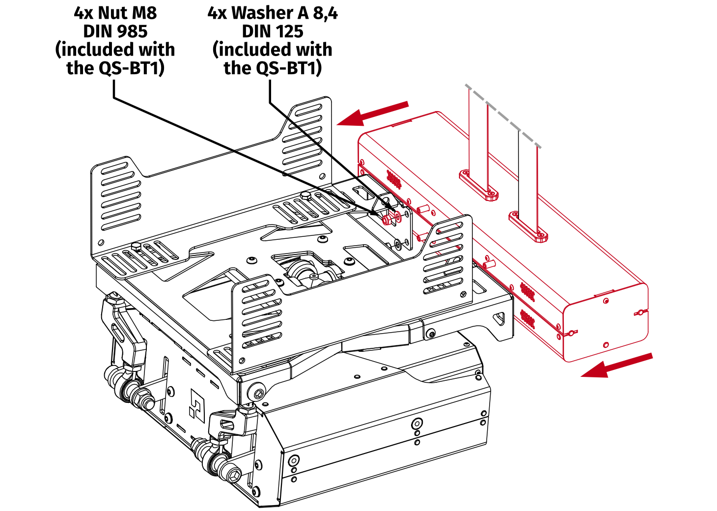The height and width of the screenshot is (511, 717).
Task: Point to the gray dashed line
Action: [x=503, y=116]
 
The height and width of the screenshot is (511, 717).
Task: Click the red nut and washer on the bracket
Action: [x=391, y=217]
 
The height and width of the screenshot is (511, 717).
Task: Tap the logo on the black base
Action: [x=197, y=406]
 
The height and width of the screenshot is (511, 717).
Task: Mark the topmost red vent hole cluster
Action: [x=394, y=179]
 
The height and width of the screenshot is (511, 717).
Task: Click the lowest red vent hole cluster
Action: [x=527, y=318]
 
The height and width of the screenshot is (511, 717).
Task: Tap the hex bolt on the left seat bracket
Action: [x=137, y=246]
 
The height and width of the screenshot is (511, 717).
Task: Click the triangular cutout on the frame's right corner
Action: [x=499, y=318]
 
